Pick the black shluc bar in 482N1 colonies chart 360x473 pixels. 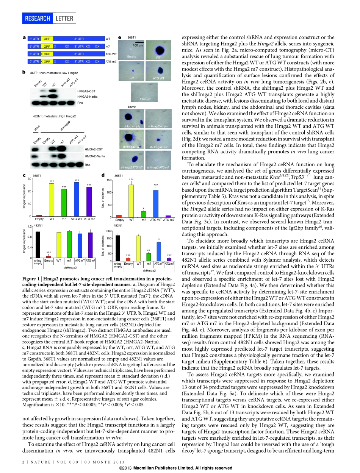pos(118,248)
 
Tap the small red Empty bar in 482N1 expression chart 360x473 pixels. pos(48,257)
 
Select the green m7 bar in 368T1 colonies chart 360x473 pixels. pos(144,214)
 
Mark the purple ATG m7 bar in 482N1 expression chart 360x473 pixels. pos(90,245)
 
